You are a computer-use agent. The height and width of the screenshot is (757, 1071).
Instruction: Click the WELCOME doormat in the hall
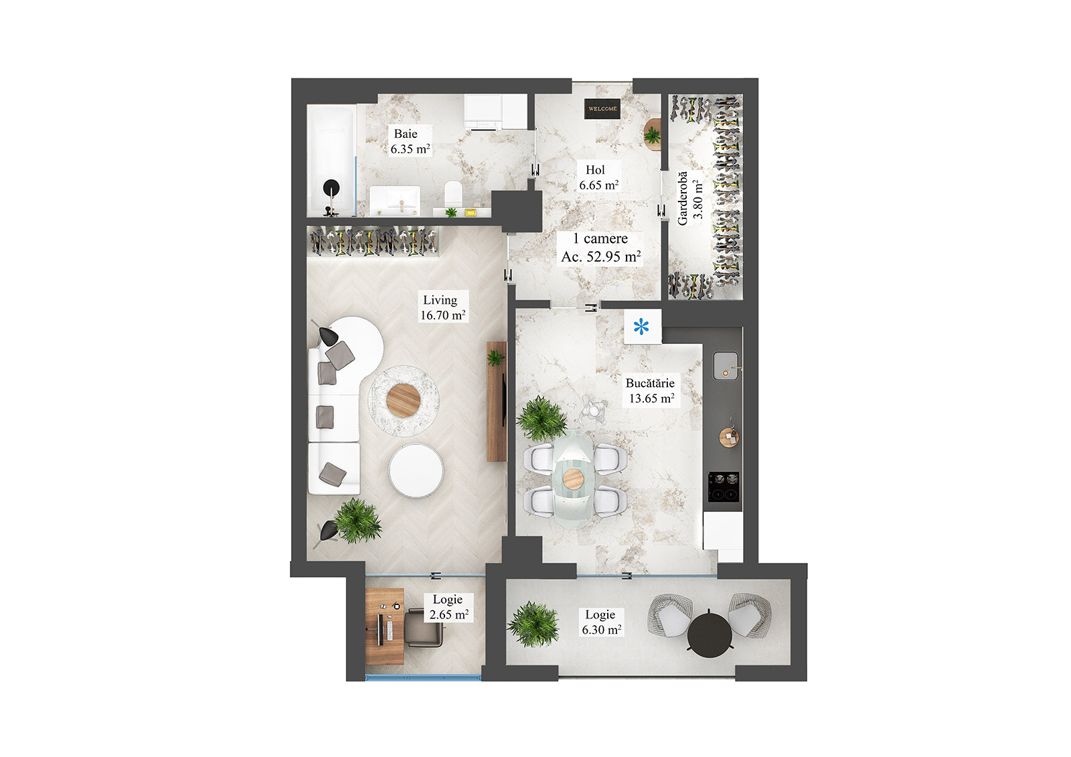602,108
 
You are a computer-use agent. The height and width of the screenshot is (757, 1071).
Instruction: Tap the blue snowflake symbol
641,327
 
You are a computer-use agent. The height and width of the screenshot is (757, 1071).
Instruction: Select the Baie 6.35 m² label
410,141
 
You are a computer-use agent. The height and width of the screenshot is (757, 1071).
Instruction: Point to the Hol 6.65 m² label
598,177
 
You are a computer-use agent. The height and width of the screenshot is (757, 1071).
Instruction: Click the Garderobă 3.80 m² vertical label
689,198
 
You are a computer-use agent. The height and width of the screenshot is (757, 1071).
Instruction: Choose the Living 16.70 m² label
442,307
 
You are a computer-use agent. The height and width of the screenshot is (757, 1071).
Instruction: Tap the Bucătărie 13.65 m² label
651,390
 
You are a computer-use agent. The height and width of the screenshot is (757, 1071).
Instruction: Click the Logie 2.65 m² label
448,607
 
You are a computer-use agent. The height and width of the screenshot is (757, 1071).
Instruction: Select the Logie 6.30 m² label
600,622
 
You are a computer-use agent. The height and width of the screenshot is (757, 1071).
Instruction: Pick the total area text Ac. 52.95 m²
600,256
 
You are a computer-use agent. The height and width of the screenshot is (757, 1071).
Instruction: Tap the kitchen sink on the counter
726,365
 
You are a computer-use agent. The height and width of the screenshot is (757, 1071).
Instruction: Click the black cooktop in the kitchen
724,487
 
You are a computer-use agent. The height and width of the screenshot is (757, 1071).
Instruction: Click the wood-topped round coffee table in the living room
404,400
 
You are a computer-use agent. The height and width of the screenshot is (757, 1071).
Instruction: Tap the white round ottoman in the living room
416,471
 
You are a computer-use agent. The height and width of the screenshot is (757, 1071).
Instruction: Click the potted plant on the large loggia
533,624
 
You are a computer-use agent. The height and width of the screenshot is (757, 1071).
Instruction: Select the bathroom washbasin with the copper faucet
395,199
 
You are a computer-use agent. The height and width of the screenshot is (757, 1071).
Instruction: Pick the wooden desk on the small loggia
384,626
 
